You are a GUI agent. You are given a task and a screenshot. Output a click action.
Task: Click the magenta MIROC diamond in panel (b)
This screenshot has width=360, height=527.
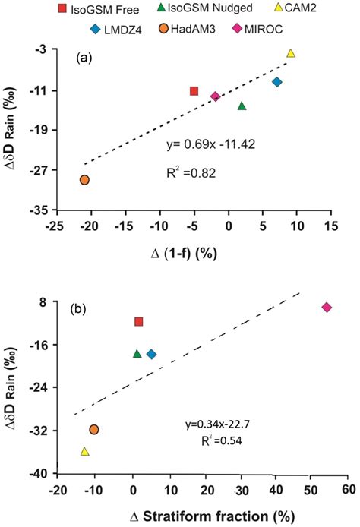pos(327,307)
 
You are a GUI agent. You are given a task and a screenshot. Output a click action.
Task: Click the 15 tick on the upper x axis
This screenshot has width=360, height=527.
pos(330,226)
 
